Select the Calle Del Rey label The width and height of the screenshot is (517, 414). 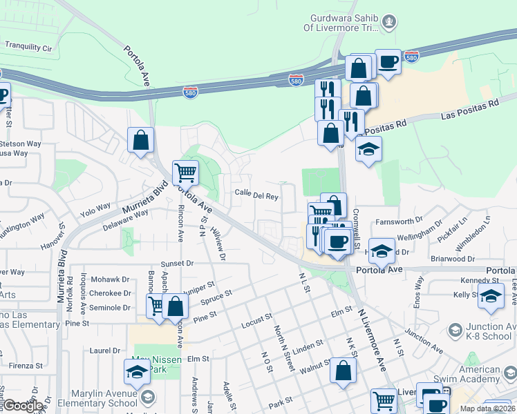pyautogui.click(x=256, y=195)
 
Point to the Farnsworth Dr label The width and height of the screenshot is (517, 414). pyautogui.click(x=399, y=221)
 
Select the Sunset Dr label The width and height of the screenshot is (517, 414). pyautogui.click(x=178, y=264)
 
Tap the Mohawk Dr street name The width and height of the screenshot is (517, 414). pyautogui.click(x=111, y=280)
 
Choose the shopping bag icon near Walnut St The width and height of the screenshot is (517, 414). pyautogui.click(x=343, y=371)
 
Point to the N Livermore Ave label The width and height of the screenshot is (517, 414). pyautogui.click(x=371, y=340)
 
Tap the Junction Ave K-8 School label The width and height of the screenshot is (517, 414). pyautogui.click(x=484, y=333)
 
